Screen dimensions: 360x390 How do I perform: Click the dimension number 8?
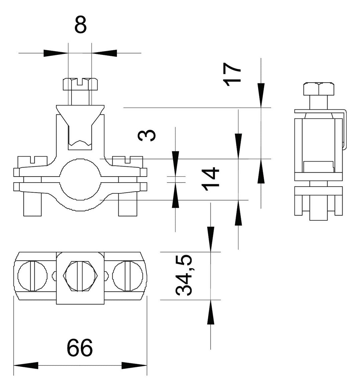point(81,25)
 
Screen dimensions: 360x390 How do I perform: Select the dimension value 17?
point(233,74)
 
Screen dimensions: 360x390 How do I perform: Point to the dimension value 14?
point(211,179)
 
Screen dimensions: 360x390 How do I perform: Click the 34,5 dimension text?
point(184,275)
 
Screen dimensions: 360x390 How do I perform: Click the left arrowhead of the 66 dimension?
point(26,365)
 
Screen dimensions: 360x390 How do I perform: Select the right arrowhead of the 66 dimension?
point(134,365)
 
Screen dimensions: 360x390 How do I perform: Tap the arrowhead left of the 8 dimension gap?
point(56,53)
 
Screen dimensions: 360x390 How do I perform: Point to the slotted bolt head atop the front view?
point(80,84)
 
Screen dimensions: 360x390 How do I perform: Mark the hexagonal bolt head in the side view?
point(319,89)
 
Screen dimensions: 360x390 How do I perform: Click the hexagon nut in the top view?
point(80,276)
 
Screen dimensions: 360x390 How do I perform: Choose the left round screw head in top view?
point(32,276)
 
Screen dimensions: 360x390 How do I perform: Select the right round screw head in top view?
point(128,276)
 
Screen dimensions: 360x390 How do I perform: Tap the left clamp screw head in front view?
point(32,160)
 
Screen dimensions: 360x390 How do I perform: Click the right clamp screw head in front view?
point(128,160)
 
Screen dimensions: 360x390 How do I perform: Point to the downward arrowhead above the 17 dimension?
point(261,96)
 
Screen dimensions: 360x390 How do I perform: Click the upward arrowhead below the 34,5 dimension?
point(211,312)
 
